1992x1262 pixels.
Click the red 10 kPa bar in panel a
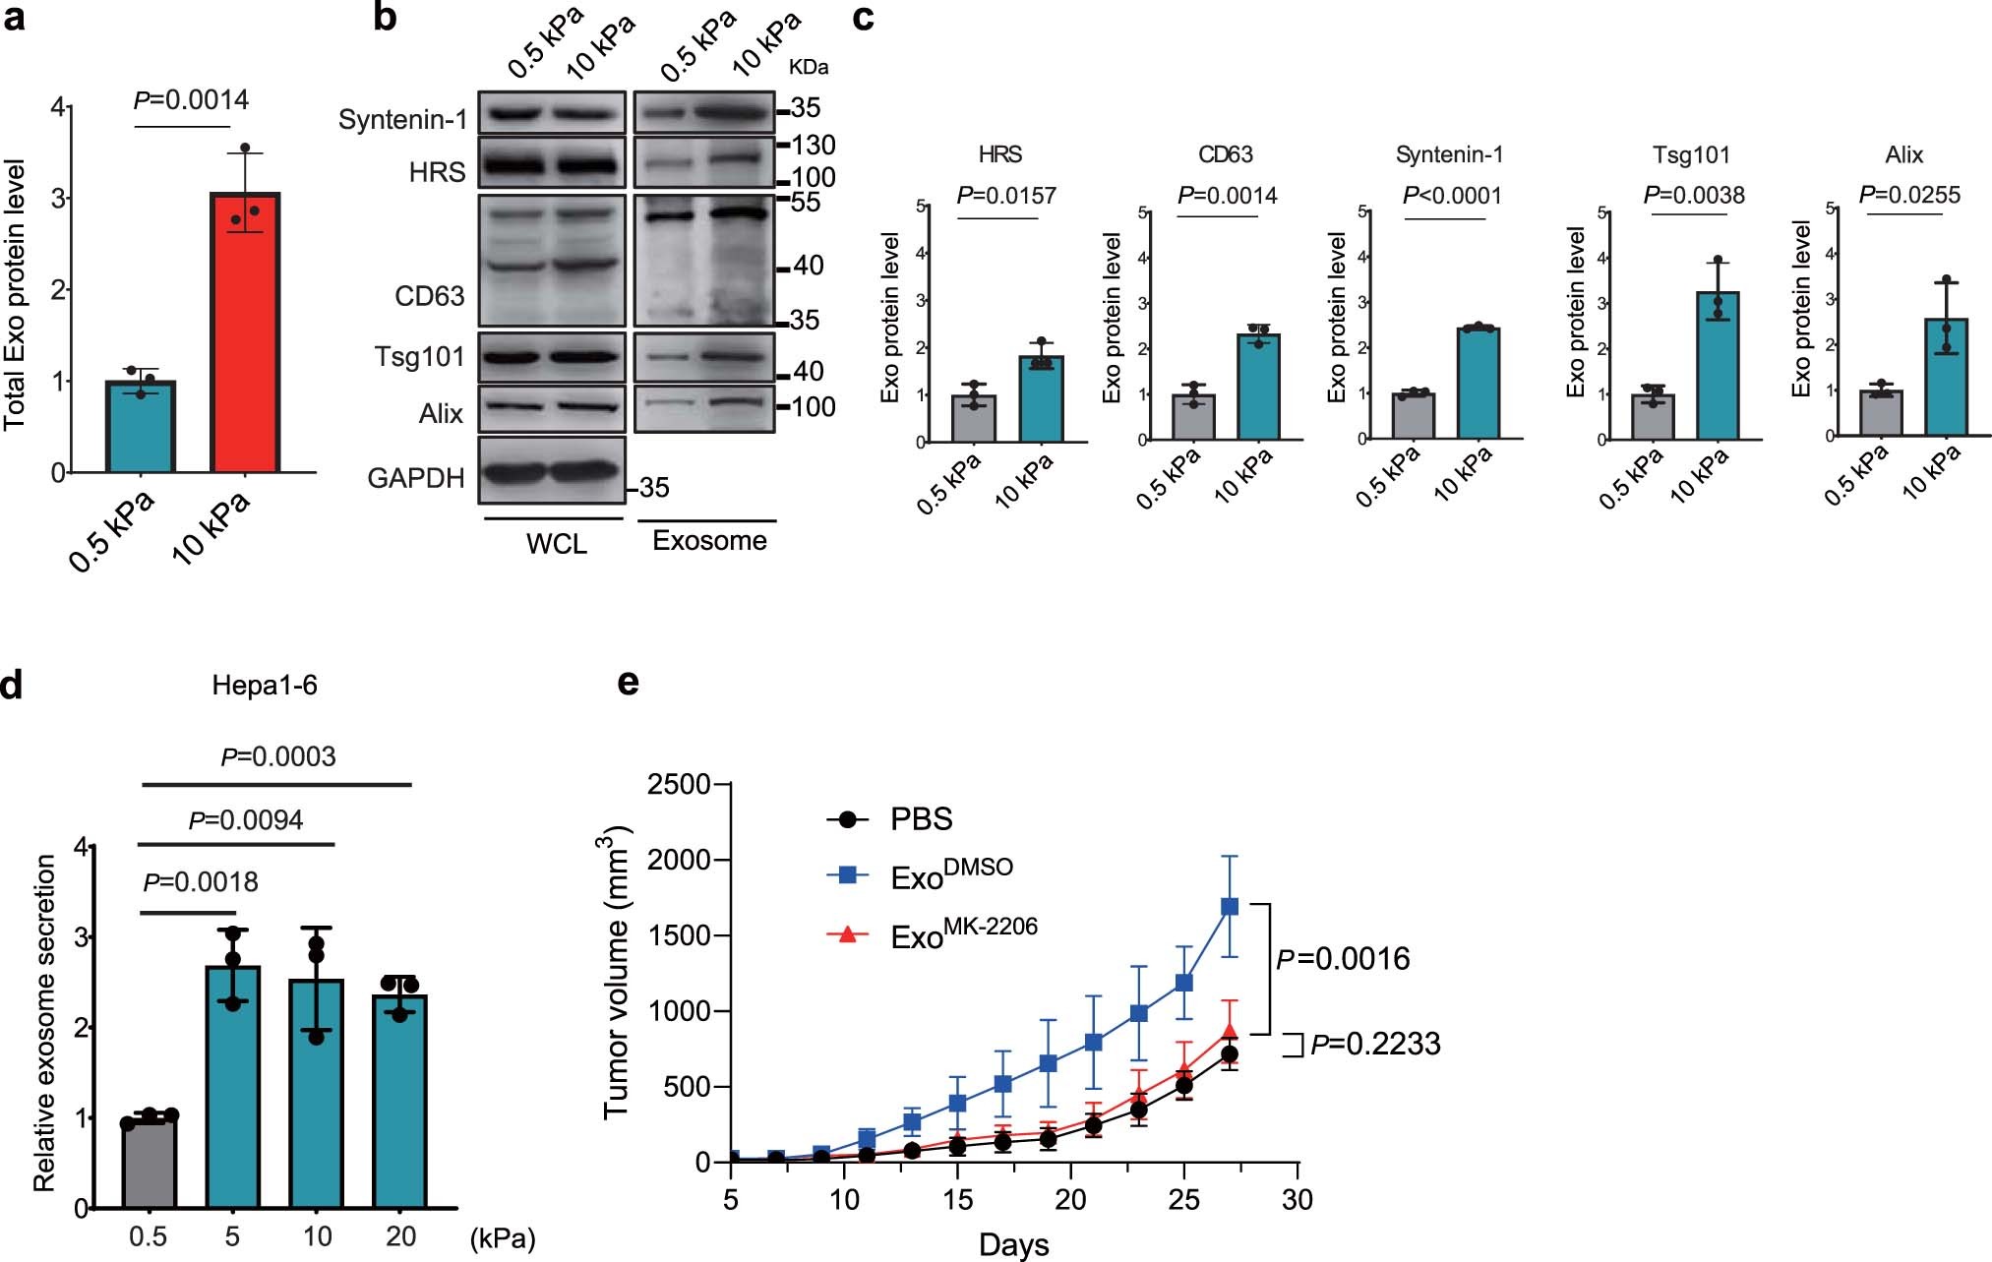point(245,334)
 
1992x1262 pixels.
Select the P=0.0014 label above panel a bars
point(191,99)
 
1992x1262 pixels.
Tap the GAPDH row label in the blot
point(415,478)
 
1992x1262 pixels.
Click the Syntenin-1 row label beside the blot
point(402,119)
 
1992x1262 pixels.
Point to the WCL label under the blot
point(556,543)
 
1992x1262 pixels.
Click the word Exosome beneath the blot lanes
point(709,540)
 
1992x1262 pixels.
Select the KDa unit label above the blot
point(809,67)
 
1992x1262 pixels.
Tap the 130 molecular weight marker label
point(814,146)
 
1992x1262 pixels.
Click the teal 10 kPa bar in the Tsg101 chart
point(1718,366)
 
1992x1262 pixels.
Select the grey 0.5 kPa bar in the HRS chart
point(974,419)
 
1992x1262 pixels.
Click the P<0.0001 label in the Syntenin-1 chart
point(1452,195)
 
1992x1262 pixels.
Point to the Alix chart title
point(1903,154)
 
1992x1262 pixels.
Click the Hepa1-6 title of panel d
point(265,685)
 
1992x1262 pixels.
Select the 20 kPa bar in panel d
point(399,1102)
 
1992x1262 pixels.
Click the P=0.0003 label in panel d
point(278,755)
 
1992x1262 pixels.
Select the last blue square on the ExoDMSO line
point(1230,906)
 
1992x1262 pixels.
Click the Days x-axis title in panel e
point(1013,1244)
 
